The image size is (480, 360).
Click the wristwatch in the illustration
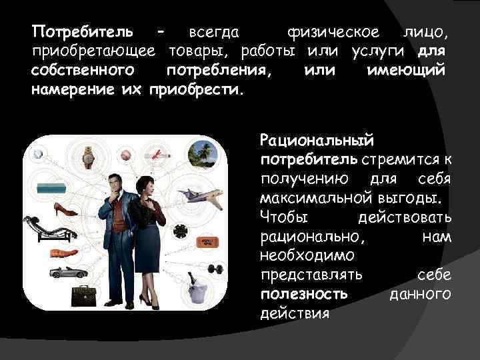point(87,157)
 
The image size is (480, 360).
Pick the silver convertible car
point(67,272)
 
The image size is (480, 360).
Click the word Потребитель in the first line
point(82,31)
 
